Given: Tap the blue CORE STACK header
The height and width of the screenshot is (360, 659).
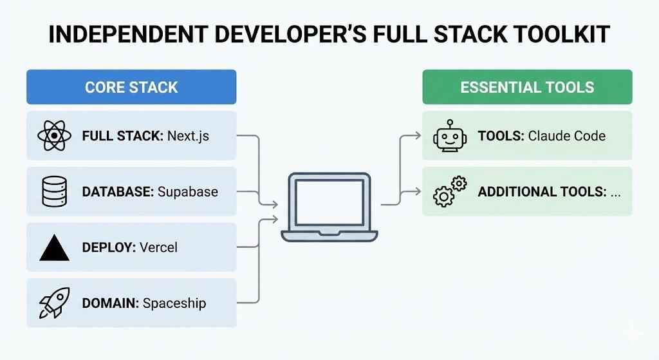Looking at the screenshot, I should pyautogui.click(x=131, y=87).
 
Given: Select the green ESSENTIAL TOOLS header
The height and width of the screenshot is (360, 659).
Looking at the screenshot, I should pyautogui.click(x=527, y=87).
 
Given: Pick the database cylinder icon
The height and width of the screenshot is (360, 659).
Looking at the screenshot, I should pyautogui.click(x=54, y=191).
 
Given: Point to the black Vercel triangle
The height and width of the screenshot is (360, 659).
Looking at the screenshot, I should pyautogui.click(x=54, y=247).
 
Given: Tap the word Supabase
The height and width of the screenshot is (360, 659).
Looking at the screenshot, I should pyautogui.click(x=188, y=192).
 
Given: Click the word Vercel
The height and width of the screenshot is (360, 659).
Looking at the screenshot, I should pyautogui.click(x=158, y=247).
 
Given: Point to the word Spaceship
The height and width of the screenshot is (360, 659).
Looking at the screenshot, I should pyautogui.click(x=174, y=303).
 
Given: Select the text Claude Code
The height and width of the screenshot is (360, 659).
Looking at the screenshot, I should pyautogui.click(x=566, y=136).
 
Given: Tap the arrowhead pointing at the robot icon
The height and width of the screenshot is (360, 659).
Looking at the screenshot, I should pyautogui.click(x=418, y=136).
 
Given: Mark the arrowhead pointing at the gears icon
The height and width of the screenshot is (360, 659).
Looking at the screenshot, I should pyautogui.click(x=418, y=191).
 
